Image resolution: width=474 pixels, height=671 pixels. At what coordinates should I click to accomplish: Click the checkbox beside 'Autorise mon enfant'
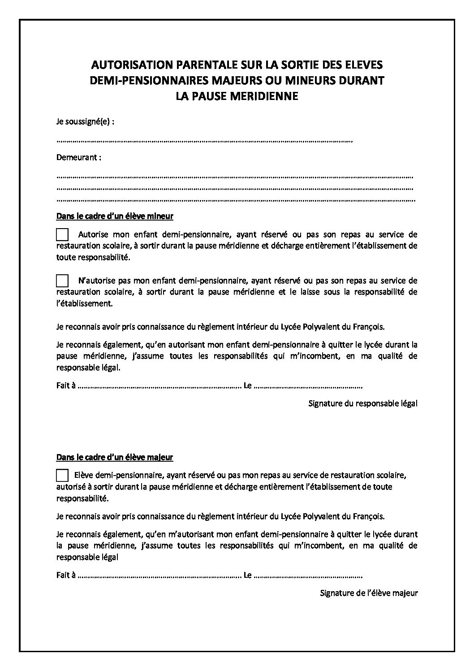(x=62, y=234)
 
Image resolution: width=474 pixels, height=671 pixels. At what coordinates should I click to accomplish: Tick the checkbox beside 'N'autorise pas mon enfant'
(x=62, y=281)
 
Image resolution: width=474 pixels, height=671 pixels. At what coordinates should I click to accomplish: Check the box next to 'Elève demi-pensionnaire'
(x=62, y=474)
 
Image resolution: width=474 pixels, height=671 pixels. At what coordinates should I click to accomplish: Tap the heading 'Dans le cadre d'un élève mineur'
(x=115, y=216)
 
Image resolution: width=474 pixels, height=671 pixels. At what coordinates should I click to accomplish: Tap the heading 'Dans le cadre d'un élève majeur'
(x=115, y=457)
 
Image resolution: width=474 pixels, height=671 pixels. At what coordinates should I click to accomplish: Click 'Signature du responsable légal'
(x=363, y=403)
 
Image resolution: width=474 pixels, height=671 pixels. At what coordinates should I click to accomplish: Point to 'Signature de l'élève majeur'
(x=369, y=593)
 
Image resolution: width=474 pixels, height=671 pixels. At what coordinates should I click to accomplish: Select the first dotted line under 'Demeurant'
(x=235, y=176)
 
